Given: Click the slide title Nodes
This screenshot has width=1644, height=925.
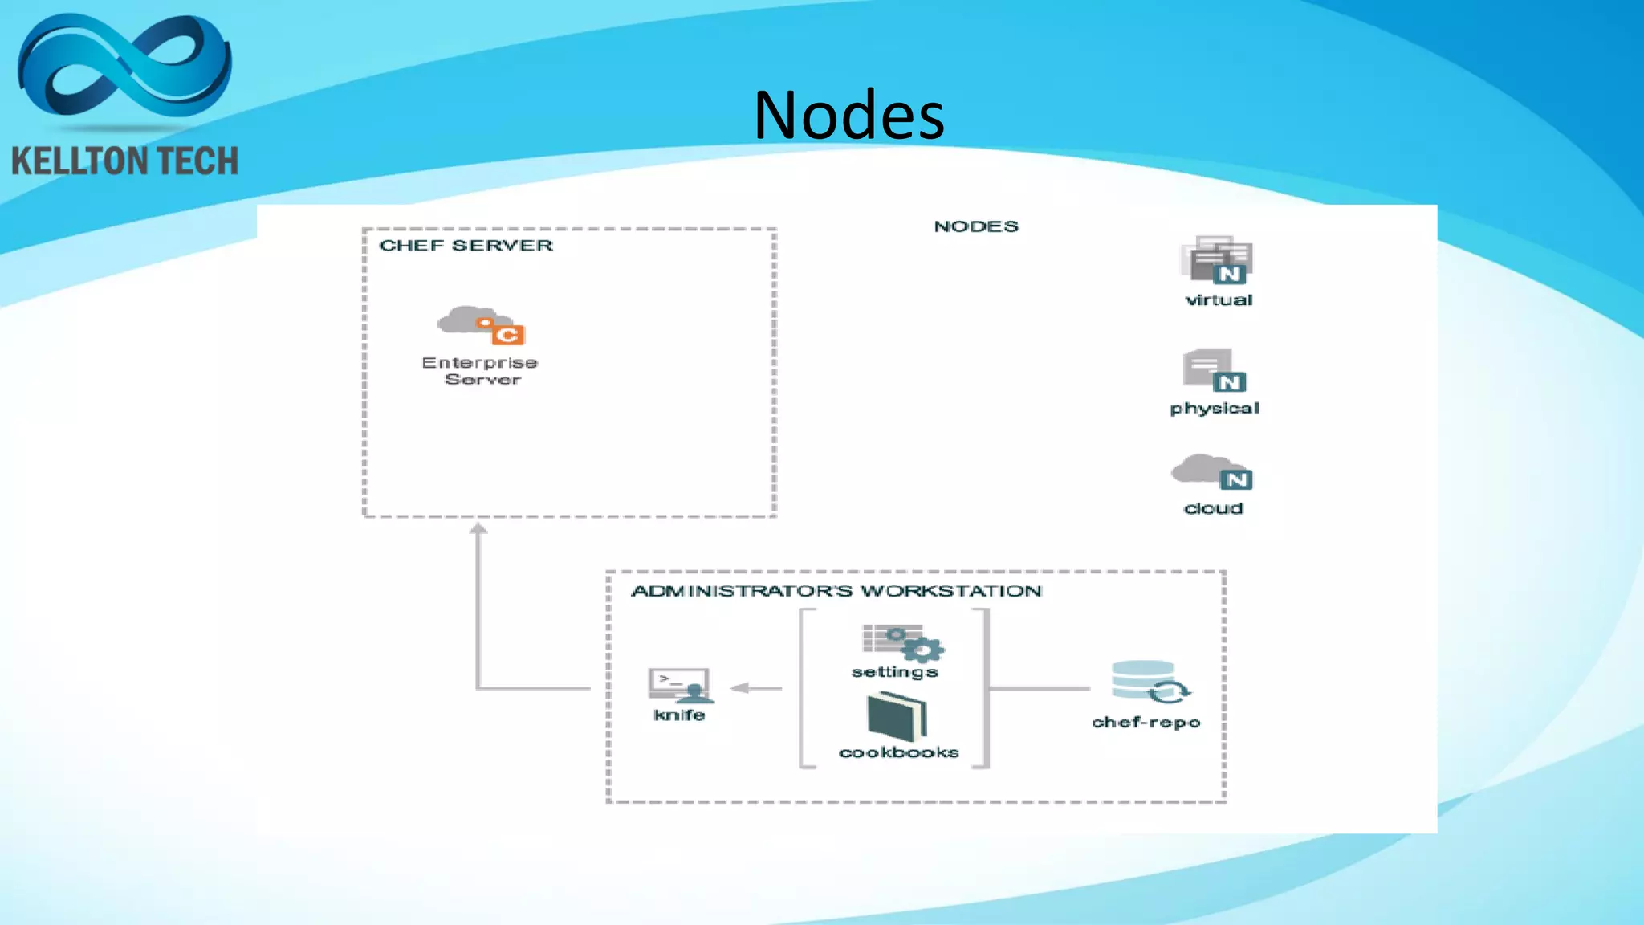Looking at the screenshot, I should pos(848,116).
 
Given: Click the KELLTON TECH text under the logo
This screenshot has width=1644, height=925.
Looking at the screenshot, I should pos(124,161).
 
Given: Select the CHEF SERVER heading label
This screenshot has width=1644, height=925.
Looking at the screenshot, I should pos(466,246).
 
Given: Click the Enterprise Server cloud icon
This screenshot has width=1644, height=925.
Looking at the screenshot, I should pos(480,324).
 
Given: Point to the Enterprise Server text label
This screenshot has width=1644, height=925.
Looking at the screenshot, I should pos(480,371).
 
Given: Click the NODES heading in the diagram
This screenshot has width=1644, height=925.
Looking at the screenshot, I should pos(975,226).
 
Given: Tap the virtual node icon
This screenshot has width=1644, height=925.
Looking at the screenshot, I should pos(1218,259).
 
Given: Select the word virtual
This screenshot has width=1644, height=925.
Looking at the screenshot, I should pos(1218,300).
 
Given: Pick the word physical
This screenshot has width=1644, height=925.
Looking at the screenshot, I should pos(1214,409).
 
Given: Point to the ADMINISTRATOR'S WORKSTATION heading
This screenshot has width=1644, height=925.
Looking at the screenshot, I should pos(836,592).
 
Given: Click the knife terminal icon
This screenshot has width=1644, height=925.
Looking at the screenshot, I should pos(680,685).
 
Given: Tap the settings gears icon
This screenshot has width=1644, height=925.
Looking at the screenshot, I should pos(902,642).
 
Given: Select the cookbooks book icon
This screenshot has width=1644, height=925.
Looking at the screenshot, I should pos(897,717).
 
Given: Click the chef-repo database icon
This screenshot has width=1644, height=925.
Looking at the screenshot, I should pos(1149,683).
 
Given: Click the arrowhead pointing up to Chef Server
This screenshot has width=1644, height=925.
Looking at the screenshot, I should pos(478,528).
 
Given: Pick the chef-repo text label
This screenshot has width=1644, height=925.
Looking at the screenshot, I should pos(1146,723).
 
